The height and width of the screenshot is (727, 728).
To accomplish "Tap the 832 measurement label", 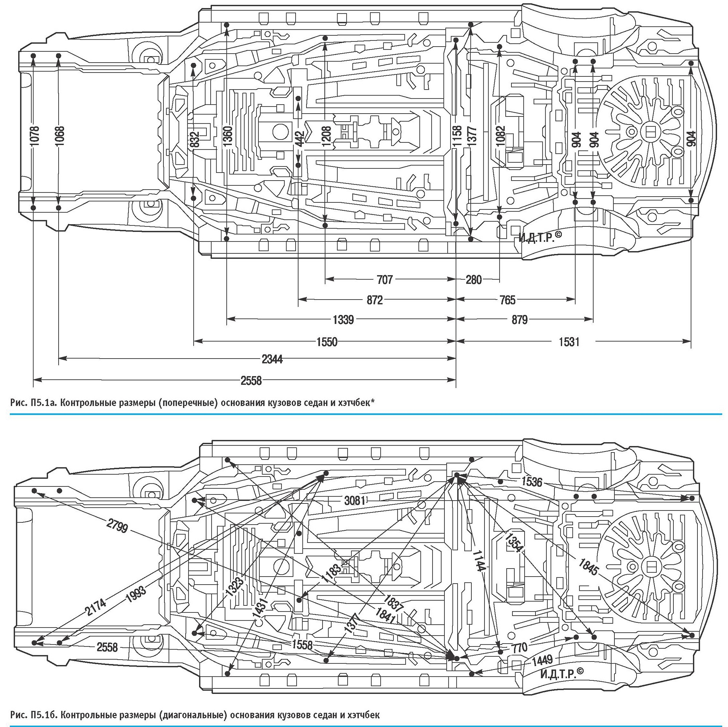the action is (194, 139).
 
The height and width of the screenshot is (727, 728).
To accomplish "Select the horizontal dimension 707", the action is (385, 279).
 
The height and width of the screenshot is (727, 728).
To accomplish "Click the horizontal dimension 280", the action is (474, 279).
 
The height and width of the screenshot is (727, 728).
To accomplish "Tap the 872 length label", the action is (375, 300).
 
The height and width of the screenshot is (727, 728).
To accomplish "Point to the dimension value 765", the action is (507, 300).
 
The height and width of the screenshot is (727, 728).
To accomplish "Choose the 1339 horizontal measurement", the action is (343, 320).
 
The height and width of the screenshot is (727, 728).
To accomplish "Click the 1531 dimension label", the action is (569, 342).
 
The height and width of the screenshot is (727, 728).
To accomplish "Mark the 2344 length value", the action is (272, 359).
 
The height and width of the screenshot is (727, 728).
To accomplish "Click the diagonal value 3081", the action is (355, 501).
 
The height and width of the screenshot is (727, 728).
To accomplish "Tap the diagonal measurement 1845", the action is (588, 567).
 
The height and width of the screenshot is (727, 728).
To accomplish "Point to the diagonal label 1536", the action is (532, 482).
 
